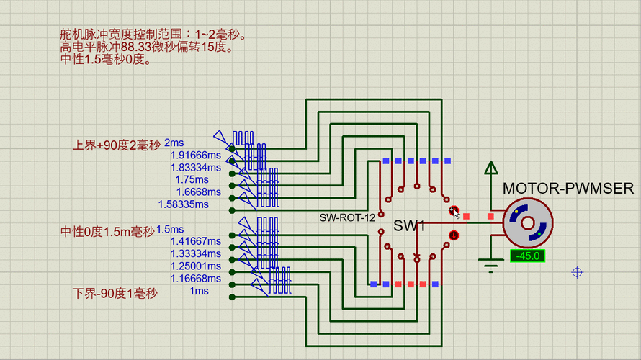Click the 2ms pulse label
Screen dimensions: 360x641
pyautogui.click(x=174, y=143)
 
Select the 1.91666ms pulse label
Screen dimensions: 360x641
pyautogui.click(x=189, y=155)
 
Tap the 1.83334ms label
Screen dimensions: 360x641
pyautogui.click(x=189, y=167)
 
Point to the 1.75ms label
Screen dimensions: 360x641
pyautogui.click(x=192, y=179)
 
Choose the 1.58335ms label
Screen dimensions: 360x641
pyautogui.click(x=189, y=204)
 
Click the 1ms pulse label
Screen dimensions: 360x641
pyautogui.click(x=199, y=291)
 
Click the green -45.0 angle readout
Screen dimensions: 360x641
pyautogui.click(x=526, y=256)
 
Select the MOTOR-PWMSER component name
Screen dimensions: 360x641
pyautogui.click(x=568, y=189)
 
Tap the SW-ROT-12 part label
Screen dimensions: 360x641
pyautogui.click(x=347, y=217)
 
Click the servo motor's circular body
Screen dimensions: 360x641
pyautogui.click(x=527, y=224)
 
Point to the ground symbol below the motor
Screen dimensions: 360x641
pyautogui.click(x=491, y=266)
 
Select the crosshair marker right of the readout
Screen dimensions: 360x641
pyautogui.click(x=577, y=272)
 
